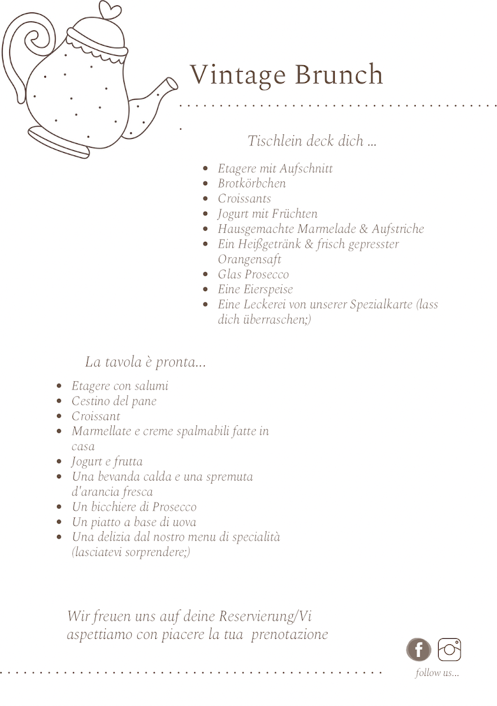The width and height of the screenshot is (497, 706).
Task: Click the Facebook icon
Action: (418, 650)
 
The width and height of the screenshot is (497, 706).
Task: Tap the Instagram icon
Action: (449, 650)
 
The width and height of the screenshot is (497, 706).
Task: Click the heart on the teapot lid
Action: (110, 11)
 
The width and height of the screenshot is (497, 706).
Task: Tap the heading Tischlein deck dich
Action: (312, 141)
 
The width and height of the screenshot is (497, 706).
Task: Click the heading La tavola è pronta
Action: (145, 362)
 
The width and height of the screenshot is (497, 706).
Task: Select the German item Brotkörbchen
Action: (252, 184)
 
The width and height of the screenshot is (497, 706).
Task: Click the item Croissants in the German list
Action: (244, 199)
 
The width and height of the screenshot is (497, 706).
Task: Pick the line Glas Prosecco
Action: (253, 275)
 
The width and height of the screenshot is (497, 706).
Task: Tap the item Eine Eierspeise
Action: (255, 289)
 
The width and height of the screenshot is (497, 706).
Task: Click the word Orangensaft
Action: (249, 259)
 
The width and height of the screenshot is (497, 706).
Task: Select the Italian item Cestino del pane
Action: (114, 401)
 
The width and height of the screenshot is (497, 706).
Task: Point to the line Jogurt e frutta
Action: (107, 462)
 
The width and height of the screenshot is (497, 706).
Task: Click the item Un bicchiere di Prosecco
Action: (134, 507)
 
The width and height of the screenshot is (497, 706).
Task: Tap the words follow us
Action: (437, 673)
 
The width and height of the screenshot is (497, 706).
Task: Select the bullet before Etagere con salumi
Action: (59, 387)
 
